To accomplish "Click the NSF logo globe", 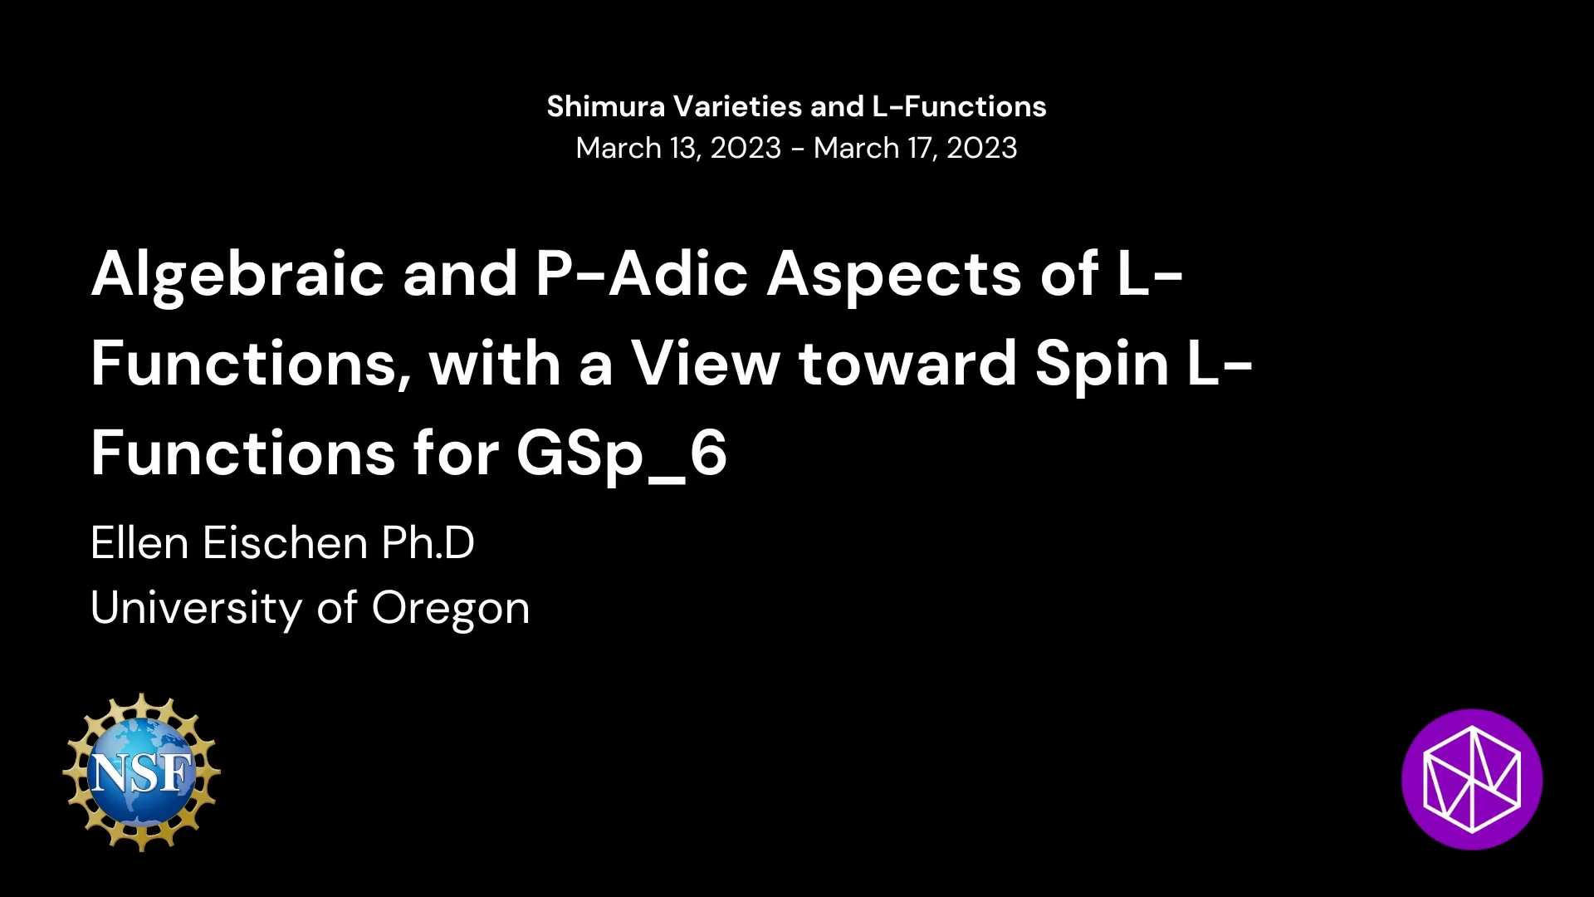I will [x=141, y=772].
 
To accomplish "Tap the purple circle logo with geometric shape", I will [x=1471, y=779].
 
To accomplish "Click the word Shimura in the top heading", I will [x=605, y=106].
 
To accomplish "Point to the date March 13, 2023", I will [x=678, y=148].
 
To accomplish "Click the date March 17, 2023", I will [x=915, y=148].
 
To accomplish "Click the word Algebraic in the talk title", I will [x=237, y=274].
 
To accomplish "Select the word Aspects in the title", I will [x=893, y=274].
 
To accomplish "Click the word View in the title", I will [x=706, y=364].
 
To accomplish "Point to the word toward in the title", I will [x=907, y=364].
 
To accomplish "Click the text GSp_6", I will [x=621, y=453].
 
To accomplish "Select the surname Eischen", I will [x=285, y=543].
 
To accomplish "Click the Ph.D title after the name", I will [x=428, y=543].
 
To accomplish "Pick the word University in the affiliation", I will [x=196, y=608].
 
